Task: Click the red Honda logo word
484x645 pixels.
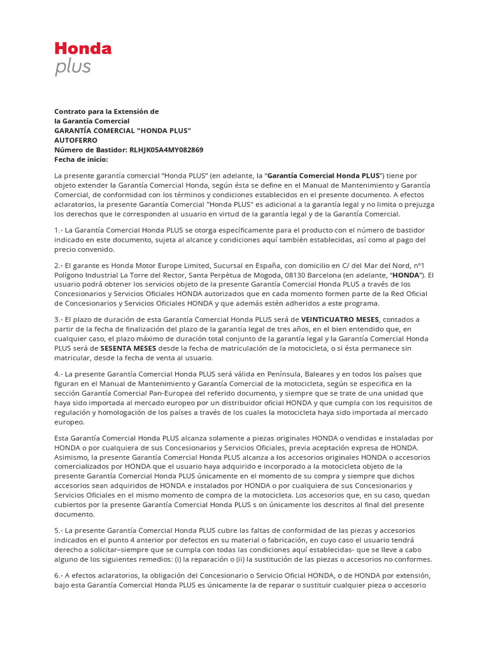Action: coord(83,49)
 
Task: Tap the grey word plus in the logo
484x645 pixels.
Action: coord(72,67)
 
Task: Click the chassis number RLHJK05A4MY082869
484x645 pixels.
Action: coord(166,149)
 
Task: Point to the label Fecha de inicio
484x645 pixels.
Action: coord(81,159)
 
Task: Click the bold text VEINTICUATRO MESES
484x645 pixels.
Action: coord(340,319)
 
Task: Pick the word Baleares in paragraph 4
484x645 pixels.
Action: coord(289,374)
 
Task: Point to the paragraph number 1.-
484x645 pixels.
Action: coord(59,230)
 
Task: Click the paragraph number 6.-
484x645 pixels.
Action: coord(59,575)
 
